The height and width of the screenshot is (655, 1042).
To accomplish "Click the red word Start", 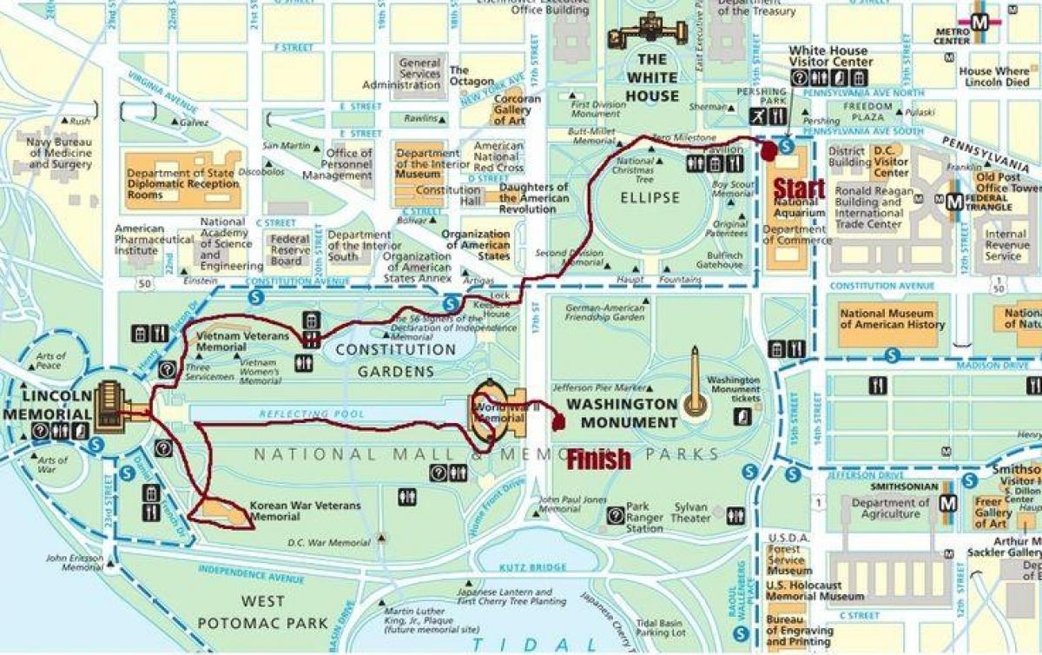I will click(x=798, y=189).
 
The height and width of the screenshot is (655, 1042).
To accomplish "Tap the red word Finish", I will click(x=598, y=460).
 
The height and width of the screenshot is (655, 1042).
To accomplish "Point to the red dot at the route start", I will click(x=769, y=150).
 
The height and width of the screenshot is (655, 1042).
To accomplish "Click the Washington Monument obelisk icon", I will click(x=695, y=381).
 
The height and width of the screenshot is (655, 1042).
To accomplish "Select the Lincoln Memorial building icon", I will click(x=110, y=406).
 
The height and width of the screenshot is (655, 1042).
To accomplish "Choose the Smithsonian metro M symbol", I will click(x=950, y=503).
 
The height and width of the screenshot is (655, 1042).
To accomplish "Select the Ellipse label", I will click(x=650, y=197).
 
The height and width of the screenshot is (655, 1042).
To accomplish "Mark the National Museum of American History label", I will click(x=891, y=319).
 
